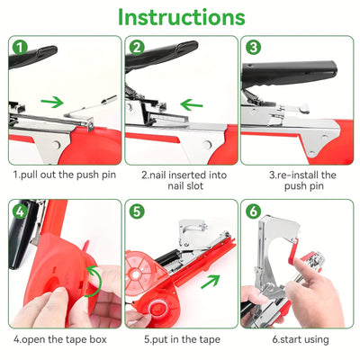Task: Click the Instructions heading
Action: click(181, 17)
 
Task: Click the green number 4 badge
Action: click(20, 212)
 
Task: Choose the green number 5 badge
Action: click(137, 212)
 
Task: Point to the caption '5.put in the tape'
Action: click(179, 339)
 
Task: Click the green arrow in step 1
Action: click(53, 102)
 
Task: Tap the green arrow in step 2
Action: click(191, 103)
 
